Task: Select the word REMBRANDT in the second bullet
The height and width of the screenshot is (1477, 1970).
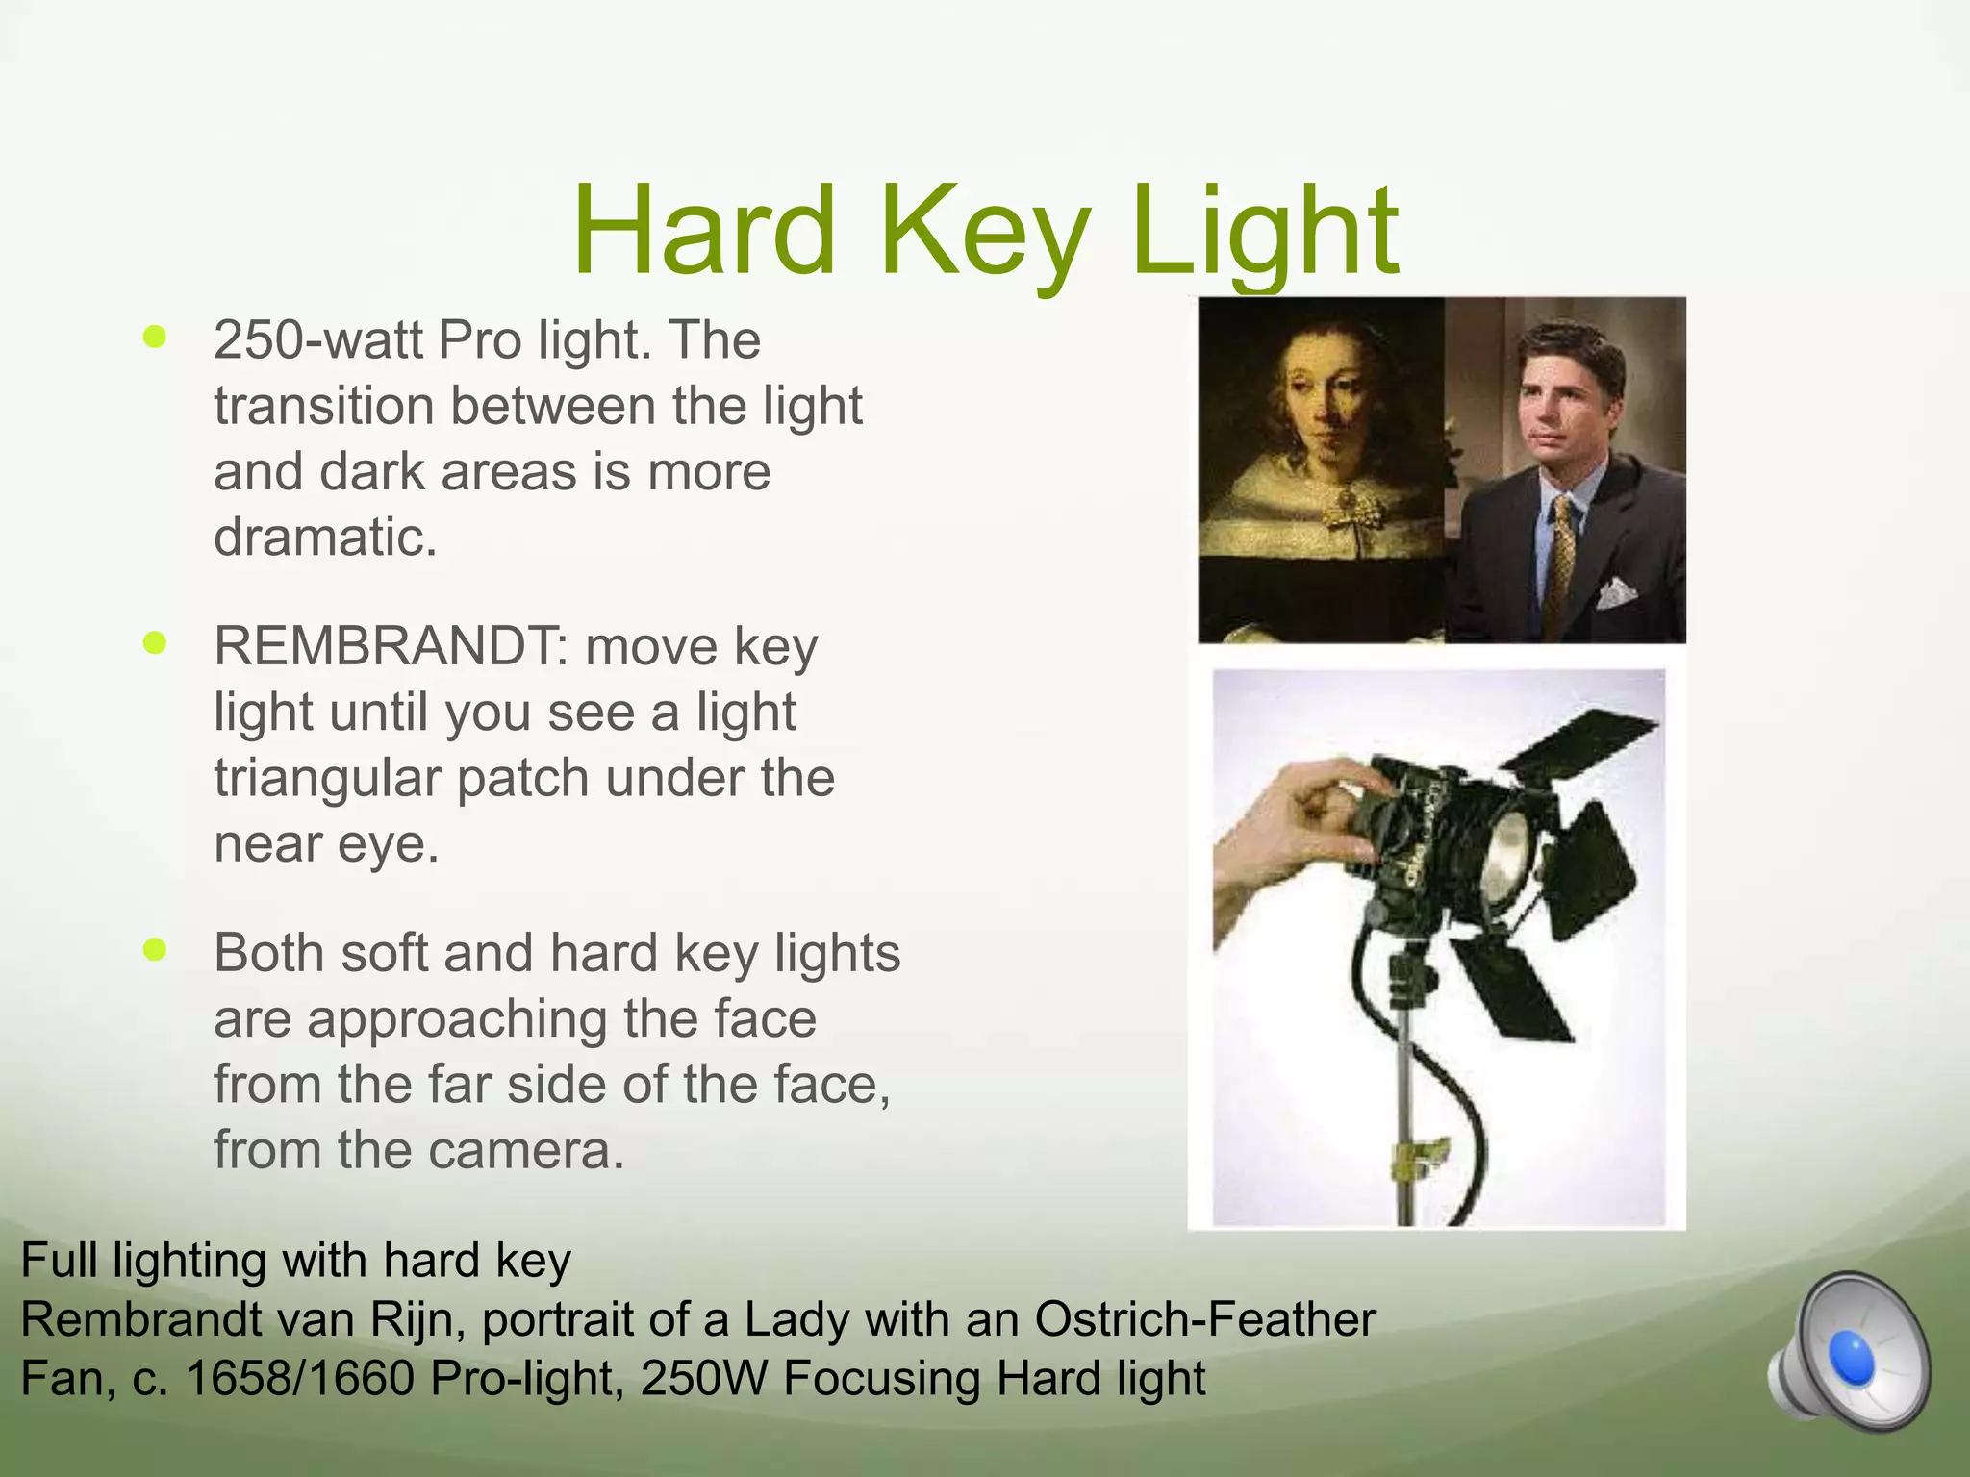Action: pyautogui.click(x=382, y=646)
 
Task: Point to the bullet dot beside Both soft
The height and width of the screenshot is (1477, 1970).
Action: pyautogui.click(x=154, y=950)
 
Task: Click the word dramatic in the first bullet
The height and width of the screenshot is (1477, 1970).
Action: pyautogui.click(x=324, y=537)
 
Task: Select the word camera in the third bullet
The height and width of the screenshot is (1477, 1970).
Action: pyautogui.click(x=524, y=1150)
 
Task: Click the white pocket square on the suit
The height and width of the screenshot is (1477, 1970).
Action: pyautogui.click(x=1616, y=591)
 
